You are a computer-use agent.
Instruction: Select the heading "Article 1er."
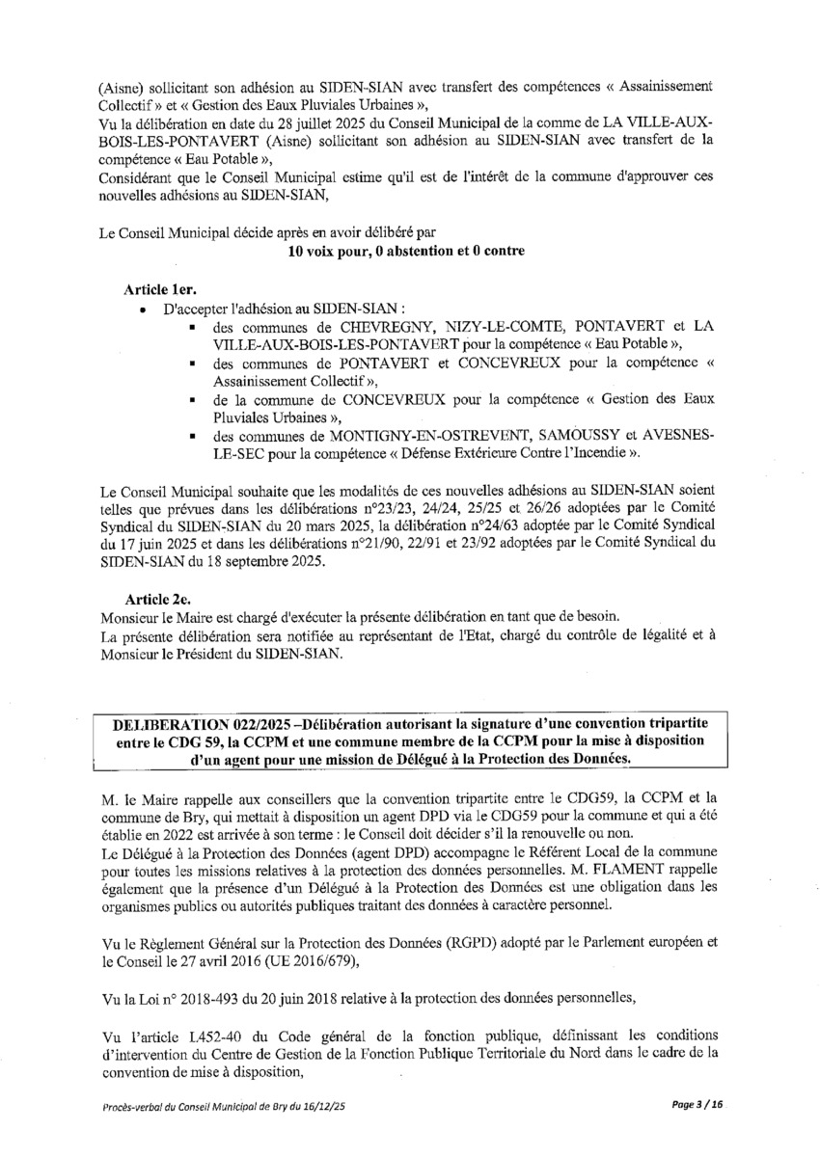tap(160, 289)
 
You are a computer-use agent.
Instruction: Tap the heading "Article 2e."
tap(159, 598)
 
